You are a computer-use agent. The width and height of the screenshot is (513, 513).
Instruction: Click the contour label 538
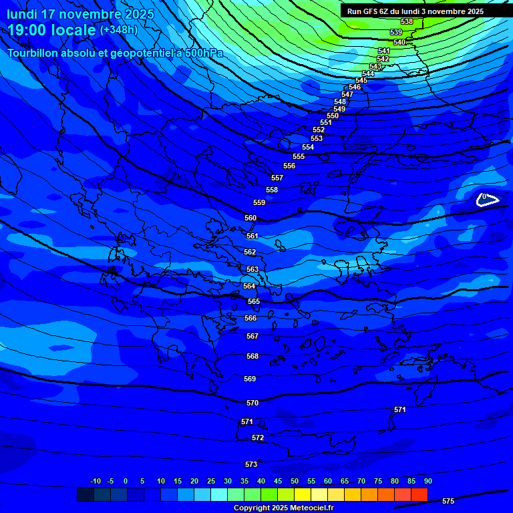coord(406,22)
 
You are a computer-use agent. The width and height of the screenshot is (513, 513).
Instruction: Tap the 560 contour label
coord(250,218)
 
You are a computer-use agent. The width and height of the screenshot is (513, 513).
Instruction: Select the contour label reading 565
coord(254,301)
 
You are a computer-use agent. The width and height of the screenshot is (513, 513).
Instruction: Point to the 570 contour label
coord(252,403)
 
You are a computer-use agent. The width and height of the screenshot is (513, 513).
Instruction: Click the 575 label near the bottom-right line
coord(448,501)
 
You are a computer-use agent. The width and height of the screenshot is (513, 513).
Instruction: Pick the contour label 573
coord(251,464)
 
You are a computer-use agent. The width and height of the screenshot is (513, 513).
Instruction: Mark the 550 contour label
coord(333,116)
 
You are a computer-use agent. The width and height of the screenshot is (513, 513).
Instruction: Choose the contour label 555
coord(299,156)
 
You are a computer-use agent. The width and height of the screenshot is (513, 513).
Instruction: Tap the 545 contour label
coord(361,80)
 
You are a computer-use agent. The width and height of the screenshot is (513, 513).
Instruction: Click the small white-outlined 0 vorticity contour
coord(486,198)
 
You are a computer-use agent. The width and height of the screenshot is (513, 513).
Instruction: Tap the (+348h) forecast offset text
coord(119,30)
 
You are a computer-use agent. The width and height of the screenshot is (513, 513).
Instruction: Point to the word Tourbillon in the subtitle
coord(36,53)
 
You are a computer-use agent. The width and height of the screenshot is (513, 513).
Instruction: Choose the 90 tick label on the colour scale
coord(427,481)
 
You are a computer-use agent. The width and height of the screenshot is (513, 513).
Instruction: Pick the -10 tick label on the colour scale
coord(96,481)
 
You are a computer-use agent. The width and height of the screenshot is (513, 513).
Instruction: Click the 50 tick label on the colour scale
coord(295,481)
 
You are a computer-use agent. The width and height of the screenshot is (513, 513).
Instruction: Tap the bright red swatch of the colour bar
coord(419,494)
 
